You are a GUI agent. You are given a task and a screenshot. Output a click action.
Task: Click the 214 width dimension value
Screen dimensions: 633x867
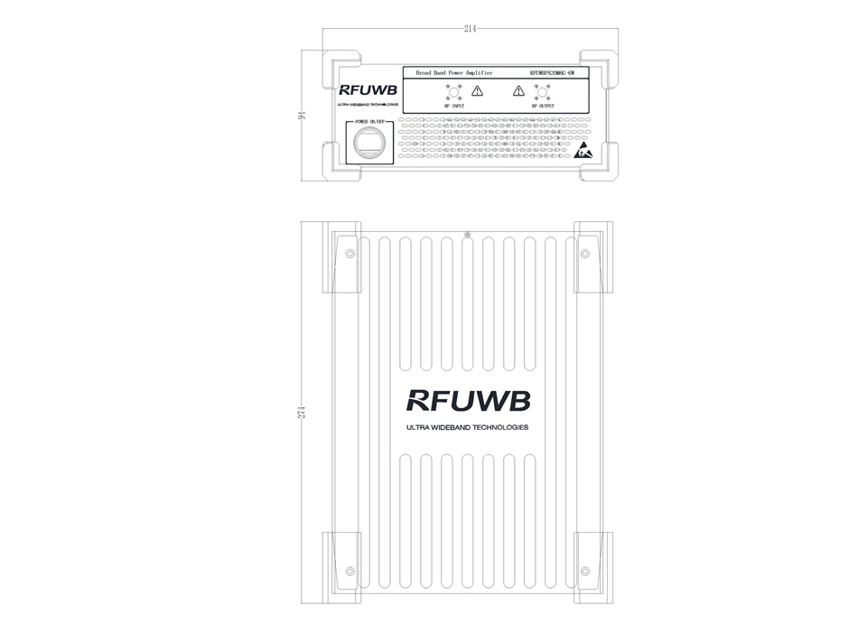click(x=470, y=30)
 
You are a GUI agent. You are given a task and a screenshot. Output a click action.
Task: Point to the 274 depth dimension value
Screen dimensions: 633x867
click(x=303, y=412)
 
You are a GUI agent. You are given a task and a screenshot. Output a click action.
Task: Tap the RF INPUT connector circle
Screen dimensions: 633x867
click(x=454, y=90)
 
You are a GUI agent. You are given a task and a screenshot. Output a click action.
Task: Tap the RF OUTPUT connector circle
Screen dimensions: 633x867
click(x=542, y=90)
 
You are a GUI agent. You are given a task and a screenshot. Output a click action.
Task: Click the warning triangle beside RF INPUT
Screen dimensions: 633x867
click(x=478, y=90)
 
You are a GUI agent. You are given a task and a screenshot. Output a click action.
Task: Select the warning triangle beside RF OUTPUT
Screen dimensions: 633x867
click(x=518, y=90)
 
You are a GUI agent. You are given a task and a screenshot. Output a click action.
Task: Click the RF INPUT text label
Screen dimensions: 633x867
click(x=454, y=107)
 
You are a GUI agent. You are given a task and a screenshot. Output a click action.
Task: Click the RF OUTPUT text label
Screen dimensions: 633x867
click(x=543, y=107)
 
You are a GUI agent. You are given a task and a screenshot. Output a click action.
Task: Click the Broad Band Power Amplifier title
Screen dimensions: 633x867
click(x=453, y=71)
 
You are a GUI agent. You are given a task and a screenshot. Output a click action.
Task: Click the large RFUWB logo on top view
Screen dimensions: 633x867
click(x=468, y=400)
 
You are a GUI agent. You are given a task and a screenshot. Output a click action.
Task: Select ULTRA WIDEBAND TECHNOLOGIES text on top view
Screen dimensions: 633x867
click(x=468, y=427)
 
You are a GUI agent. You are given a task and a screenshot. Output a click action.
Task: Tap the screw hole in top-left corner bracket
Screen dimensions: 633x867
click(x=350, y=254)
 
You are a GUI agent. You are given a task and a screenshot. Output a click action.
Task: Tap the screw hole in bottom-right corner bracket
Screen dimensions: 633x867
click(x=585, y=571)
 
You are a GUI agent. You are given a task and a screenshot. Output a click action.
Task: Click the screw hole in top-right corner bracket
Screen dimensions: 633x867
click(x=585, y=254)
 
